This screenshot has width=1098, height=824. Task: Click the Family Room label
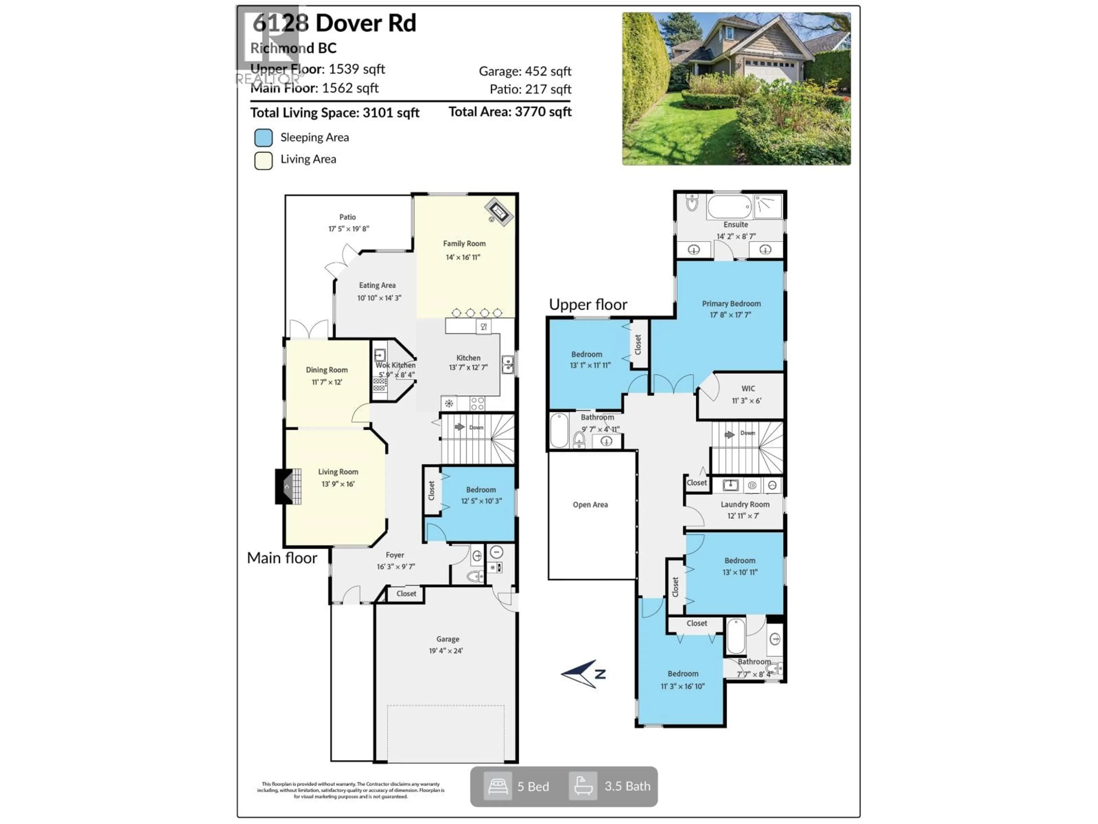click(x=464, y=243)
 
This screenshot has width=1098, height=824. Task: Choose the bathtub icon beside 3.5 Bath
click(x=583, y=786)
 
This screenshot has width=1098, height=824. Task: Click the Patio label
click(x=347, y=217)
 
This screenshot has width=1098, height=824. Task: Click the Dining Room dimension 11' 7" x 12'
click(x=327, y=382)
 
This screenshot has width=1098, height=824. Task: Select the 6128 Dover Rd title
click(x=334, y=23)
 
